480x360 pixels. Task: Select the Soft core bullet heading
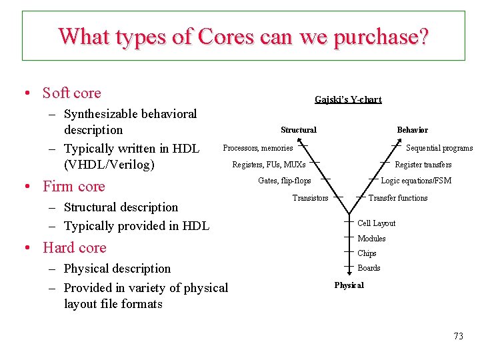click(x=71, y=93)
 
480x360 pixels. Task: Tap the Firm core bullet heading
click(x=73, y=187)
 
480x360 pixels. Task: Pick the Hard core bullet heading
click(x=74, y=248)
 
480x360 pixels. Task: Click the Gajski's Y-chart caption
click(x=348, y=100)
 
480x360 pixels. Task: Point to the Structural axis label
click(x=299, y=130)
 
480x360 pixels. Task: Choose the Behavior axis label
click(x=412, y=130)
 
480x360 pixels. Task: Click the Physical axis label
click(x=349, y=285)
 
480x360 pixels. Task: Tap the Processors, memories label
click(x=257, y=148)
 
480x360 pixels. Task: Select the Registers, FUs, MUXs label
click(x=269, y=165)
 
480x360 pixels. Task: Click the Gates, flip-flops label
click(x=284, y=181)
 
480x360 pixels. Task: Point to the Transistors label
click(x=310, y=198)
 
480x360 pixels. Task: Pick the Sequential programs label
click(x=439, y=149)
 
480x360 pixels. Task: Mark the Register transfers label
click(x=423, y=165)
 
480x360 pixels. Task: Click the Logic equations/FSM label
click(x=416, y=181)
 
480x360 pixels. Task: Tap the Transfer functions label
click(x=398, y=198)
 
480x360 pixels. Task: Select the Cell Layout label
click(x=376, y=223)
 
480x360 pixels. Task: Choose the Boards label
click(x=369, y=268)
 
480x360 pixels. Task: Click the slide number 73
click(x=458, y=336)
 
